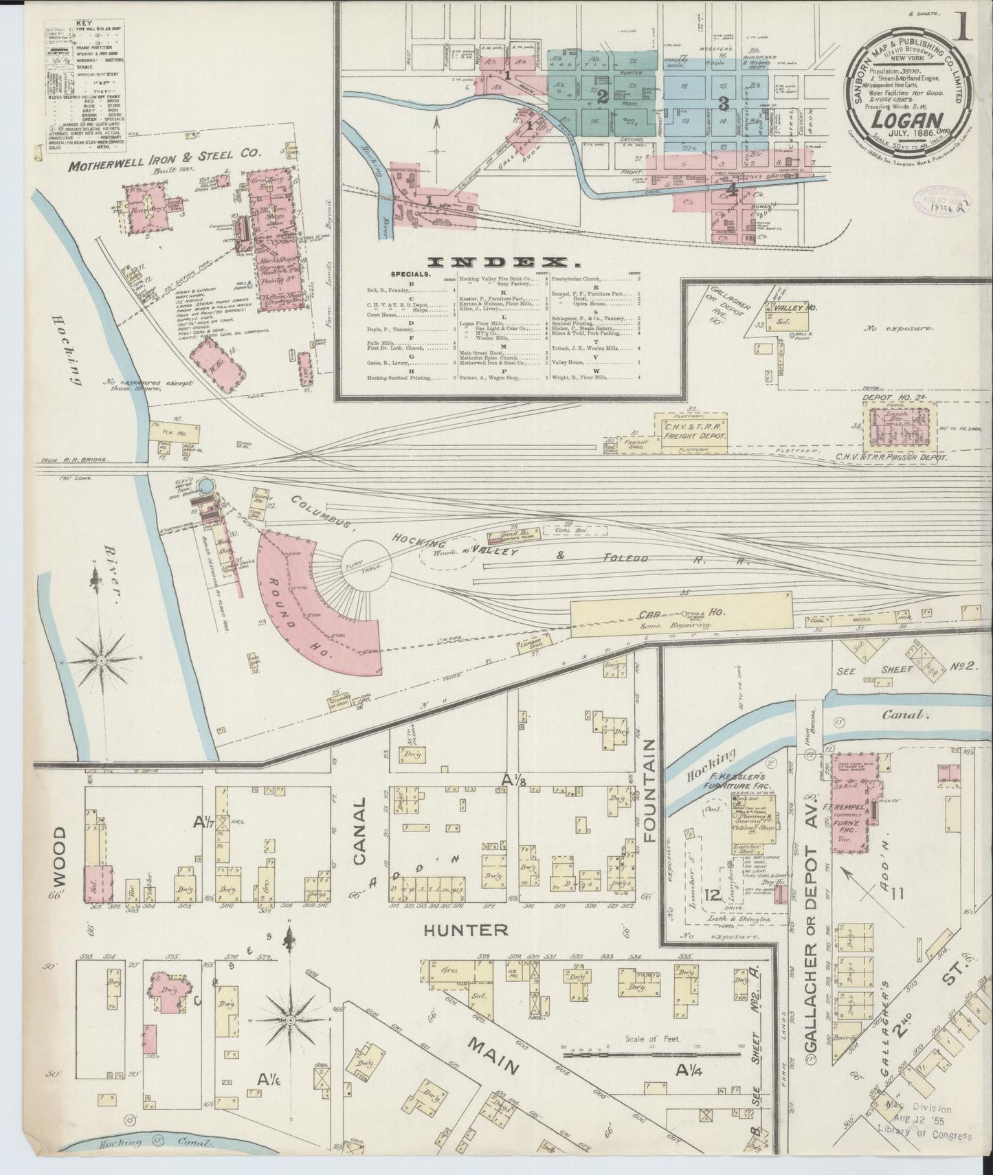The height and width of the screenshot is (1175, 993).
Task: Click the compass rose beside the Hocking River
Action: (102, 659)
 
